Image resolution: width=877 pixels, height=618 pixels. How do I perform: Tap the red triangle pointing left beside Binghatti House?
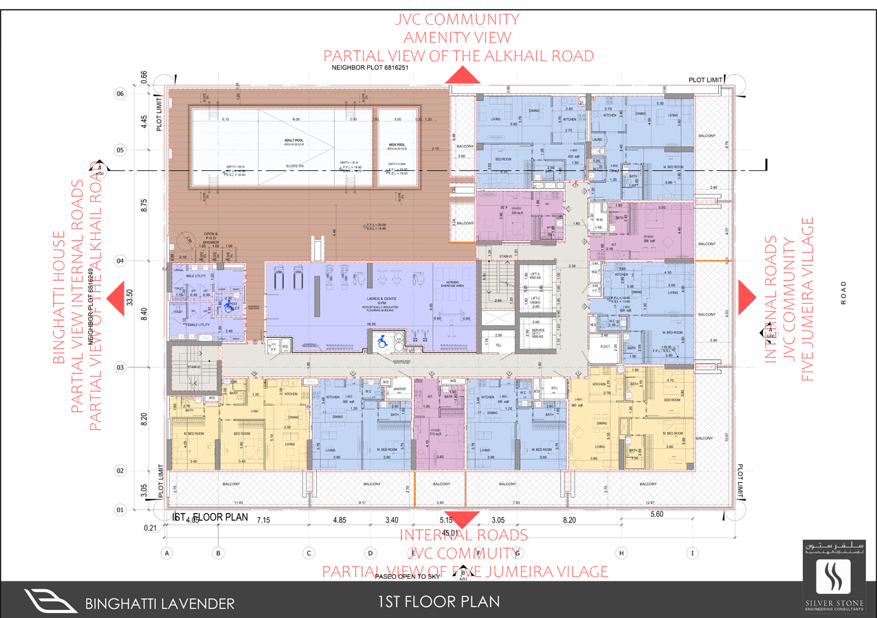pos(115,296)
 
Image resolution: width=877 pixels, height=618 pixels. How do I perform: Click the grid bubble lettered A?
pos(166,552)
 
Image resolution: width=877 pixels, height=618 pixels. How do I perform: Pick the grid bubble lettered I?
pos(693,552)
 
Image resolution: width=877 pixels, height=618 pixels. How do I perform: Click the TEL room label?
pos(499,345)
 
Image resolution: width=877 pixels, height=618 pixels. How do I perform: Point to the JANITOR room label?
pos(400,389)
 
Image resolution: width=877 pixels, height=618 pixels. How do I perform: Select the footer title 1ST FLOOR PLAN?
pos(438,602)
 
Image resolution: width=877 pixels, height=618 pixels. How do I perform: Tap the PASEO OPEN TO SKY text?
pos(408,576)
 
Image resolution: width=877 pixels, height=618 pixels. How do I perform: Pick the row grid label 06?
pos(120,93)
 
